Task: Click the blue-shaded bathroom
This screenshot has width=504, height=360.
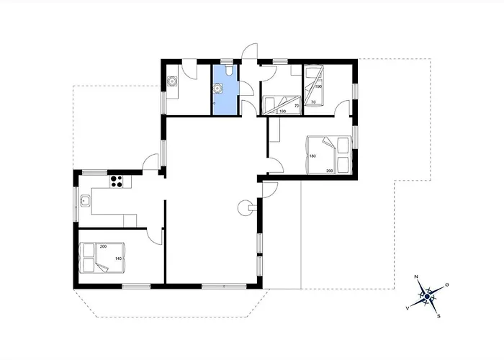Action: (225, 89)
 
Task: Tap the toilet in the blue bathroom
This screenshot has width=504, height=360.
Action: (229, 71)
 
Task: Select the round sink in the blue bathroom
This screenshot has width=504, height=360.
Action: (218, 88)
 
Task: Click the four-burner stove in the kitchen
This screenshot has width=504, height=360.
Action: (117, 181)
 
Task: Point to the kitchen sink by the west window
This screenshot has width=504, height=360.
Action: (85, 201)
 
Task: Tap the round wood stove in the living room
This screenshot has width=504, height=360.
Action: (246, 207)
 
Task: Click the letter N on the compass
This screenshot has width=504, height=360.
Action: (416, 276)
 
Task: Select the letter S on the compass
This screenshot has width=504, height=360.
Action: (438, 316)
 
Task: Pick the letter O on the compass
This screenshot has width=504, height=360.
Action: (446, 285)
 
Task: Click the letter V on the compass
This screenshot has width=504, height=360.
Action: (408, 308)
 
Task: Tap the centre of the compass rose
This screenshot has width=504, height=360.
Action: (427, 296)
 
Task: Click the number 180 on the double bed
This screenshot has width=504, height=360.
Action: (312, 156)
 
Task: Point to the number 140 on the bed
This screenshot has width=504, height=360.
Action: (119, 258)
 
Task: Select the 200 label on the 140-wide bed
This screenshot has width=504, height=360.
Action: (103, 246)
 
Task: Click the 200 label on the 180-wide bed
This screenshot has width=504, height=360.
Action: (330, 171)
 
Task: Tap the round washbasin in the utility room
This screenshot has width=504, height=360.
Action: (172, 81)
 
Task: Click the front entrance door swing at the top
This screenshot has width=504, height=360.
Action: (250, 51)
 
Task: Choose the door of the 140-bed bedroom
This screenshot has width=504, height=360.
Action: (155, 236)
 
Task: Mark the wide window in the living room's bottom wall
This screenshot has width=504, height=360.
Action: (224, 286)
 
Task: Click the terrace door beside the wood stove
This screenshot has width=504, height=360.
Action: (270, 189)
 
